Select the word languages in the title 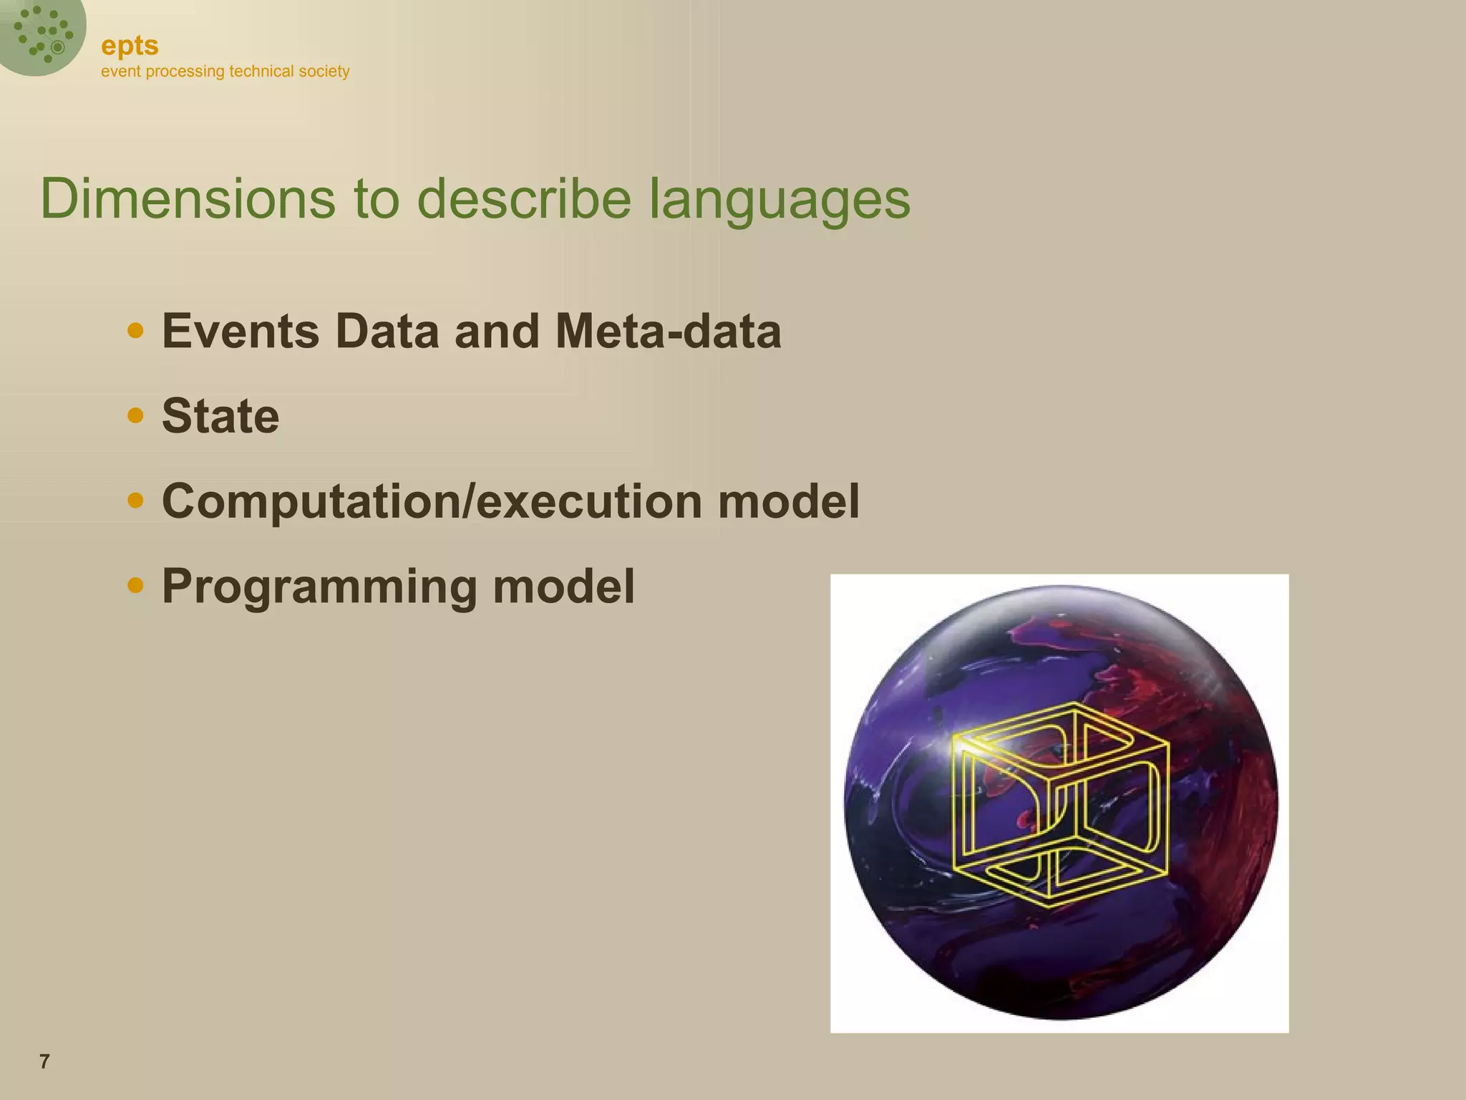tap(780, 201)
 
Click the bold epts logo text tap(130, 46)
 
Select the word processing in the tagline tap(185, 72)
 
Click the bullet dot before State tap(135, 415)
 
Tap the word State tap(220, 416)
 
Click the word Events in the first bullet tap(241, 332)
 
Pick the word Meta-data tap(668, 332)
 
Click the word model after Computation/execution tap(788, 501)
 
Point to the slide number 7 tap(44, 1062)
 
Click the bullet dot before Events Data tap(135, 331)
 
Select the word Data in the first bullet tap(387, 332)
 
